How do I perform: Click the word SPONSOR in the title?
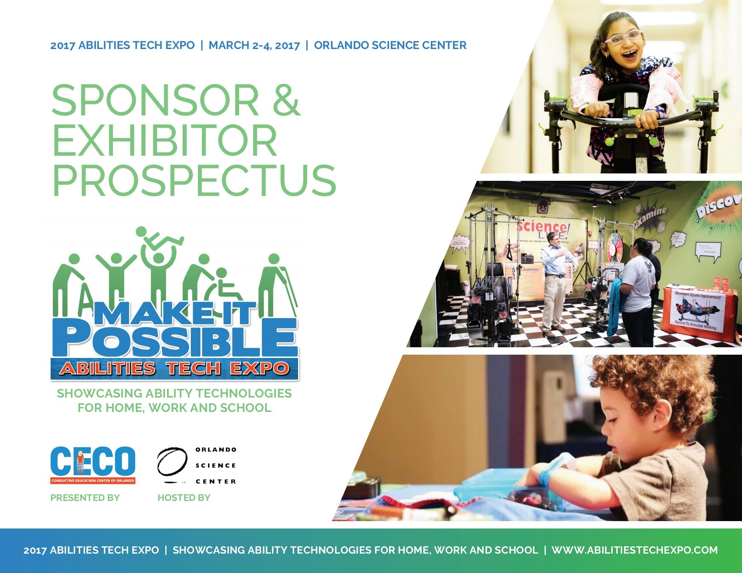point(155,101)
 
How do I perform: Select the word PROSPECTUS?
point(194,180)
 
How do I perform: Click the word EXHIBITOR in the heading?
point(164,140)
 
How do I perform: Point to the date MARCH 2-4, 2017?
point(254,45)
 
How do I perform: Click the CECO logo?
point(93,465)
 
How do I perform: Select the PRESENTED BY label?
point(85,498)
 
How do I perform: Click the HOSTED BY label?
point(184,498)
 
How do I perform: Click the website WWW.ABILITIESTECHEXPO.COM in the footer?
point(634,550)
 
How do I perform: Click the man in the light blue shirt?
point(556,280)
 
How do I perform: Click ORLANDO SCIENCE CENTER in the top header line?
point(390,45)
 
